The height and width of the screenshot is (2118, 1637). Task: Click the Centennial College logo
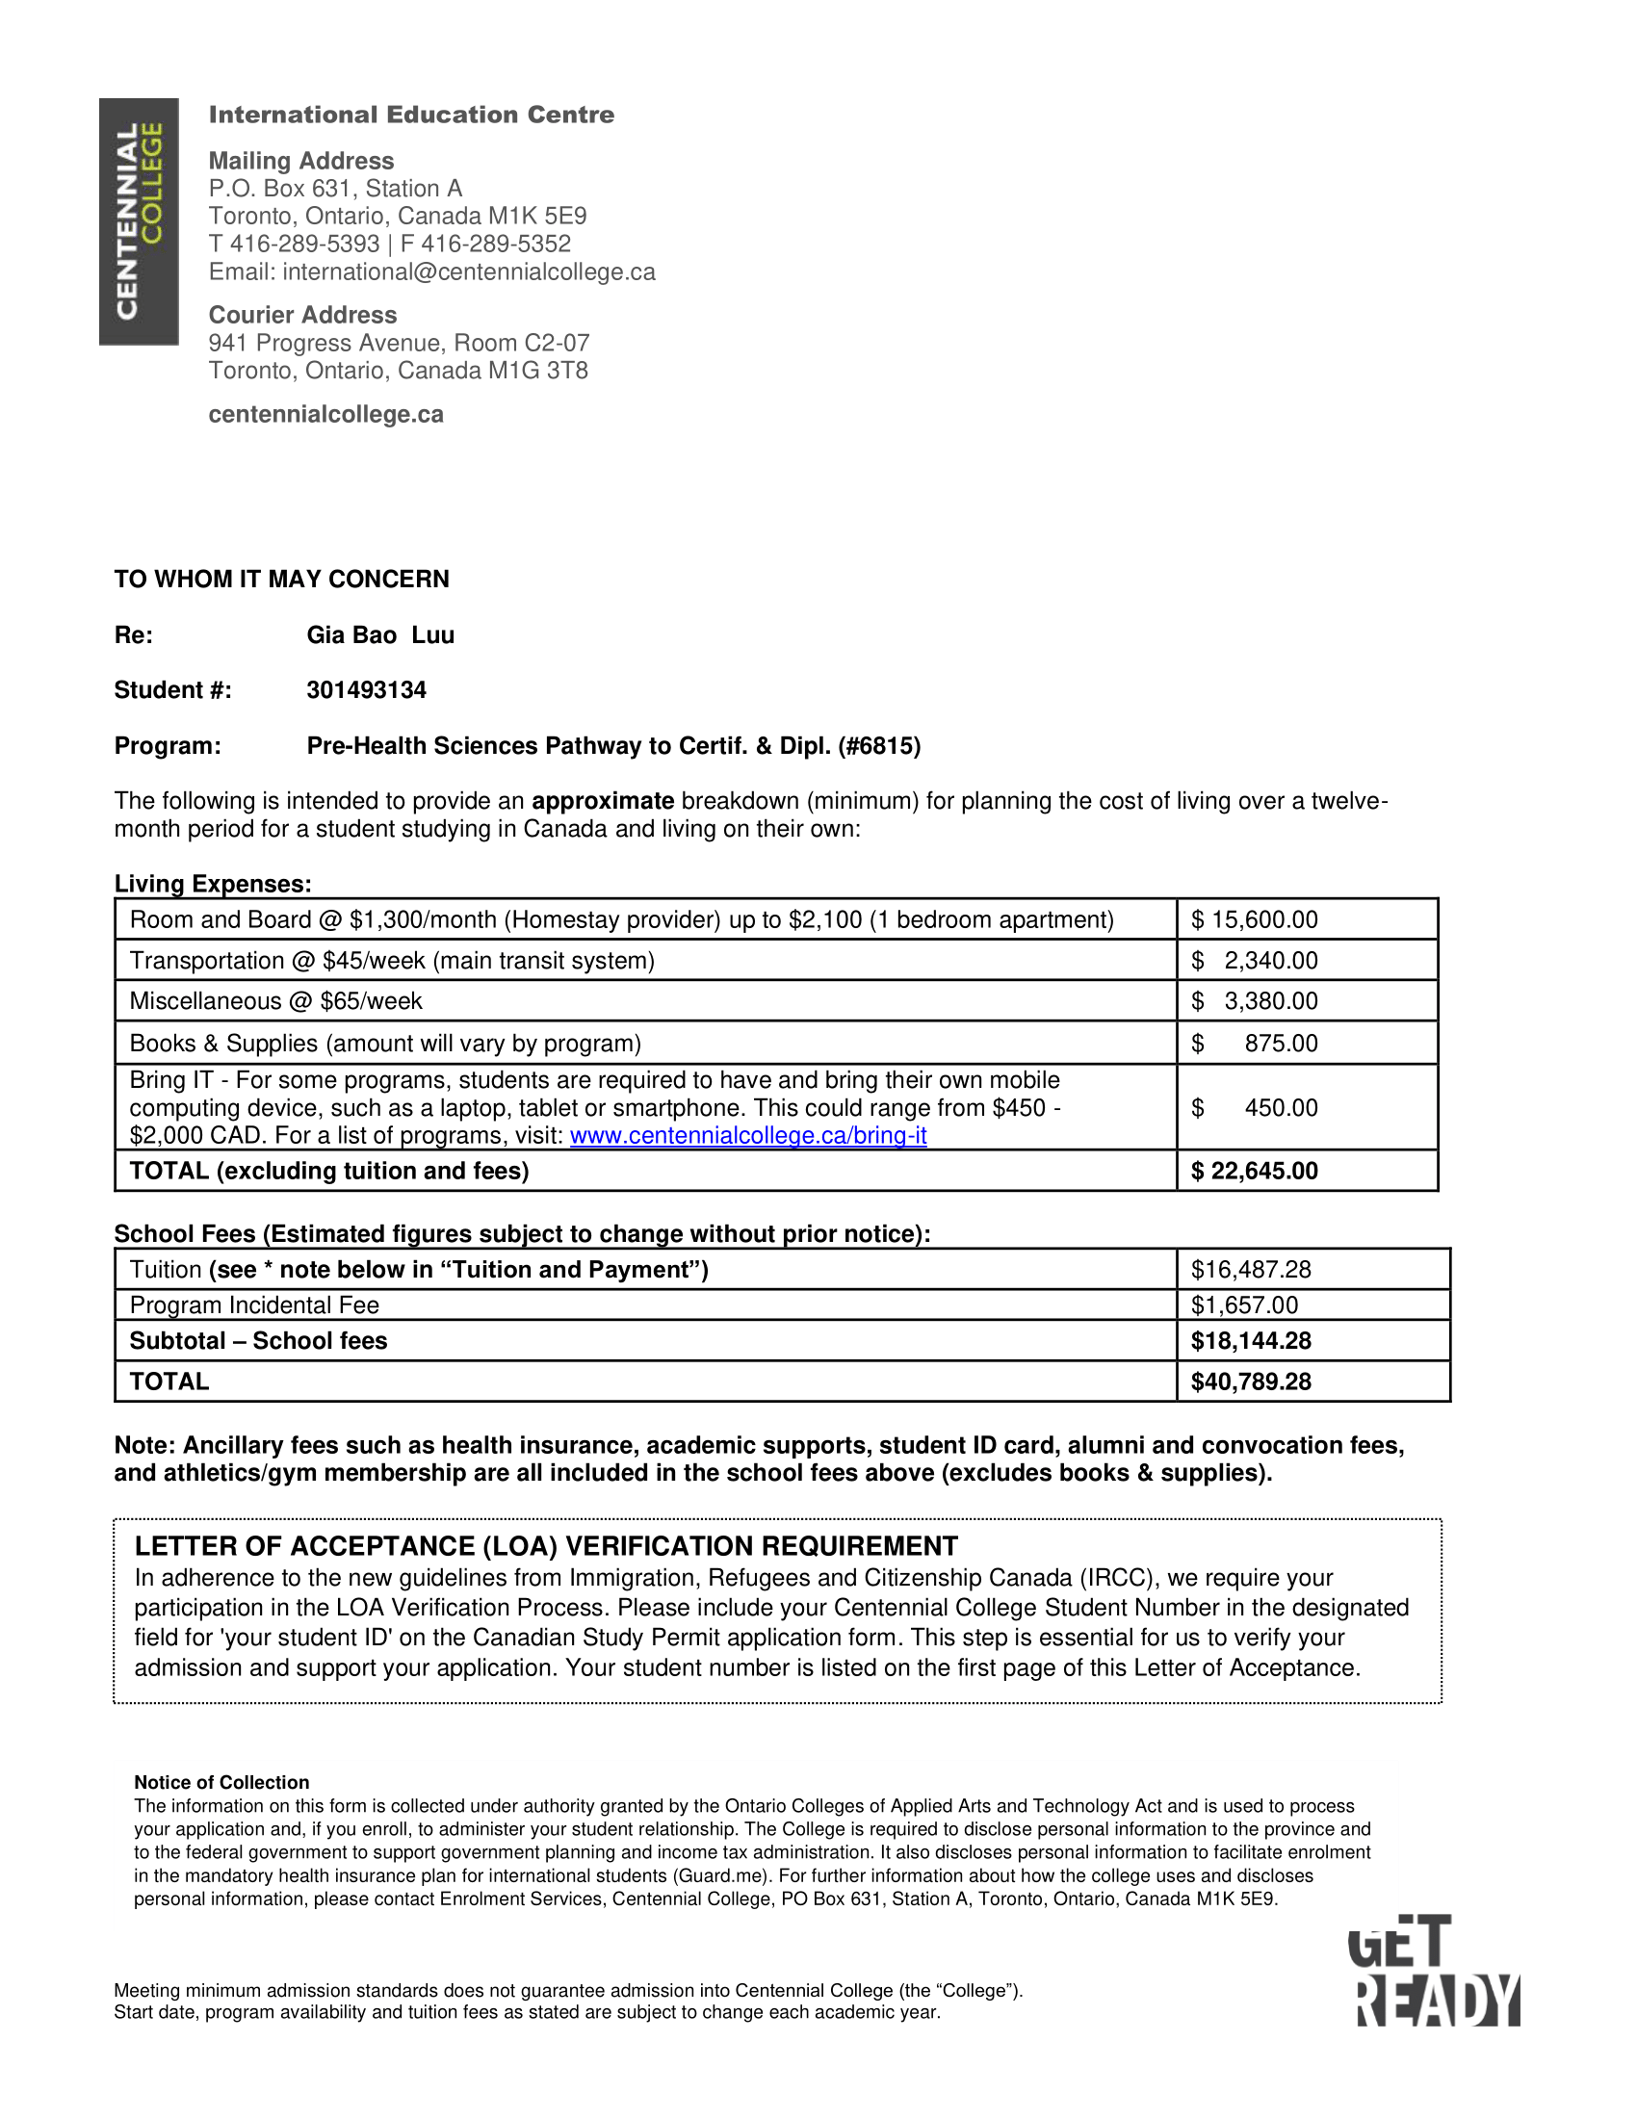tap(139, 221)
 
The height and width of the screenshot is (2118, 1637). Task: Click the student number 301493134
tap(367, 690)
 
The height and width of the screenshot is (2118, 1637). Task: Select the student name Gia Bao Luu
tap(380, 635)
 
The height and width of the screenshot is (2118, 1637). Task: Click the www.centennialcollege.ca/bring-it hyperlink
tap(747, 1136)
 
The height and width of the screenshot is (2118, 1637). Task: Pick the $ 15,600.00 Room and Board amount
tap(1254, 919)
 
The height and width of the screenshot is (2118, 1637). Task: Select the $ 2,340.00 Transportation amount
tap(1254, 960)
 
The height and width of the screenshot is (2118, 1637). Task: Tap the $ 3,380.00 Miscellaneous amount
tap(1254, 1001)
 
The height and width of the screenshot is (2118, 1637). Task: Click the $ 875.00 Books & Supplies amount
tap(1254, 1044)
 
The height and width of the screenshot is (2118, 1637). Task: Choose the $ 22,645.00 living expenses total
tap(1254, 1171)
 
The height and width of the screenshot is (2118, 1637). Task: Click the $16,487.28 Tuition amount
tap(1250, 1270)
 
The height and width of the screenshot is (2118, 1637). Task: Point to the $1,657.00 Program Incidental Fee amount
tap(1244, 1305)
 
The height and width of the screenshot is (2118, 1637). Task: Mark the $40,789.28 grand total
tap(1250, 1382)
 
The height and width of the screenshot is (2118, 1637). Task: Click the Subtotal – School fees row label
tap(258, 1341)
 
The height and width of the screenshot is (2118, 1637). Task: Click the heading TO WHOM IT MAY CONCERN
tap(281, 580)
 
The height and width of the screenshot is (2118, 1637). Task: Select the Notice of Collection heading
tap(221, 1782)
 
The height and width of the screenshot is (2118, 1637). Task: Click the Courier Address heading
tap(302, 315)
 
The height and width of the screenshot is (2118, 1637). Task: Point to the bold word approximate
tap(602, 801)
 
